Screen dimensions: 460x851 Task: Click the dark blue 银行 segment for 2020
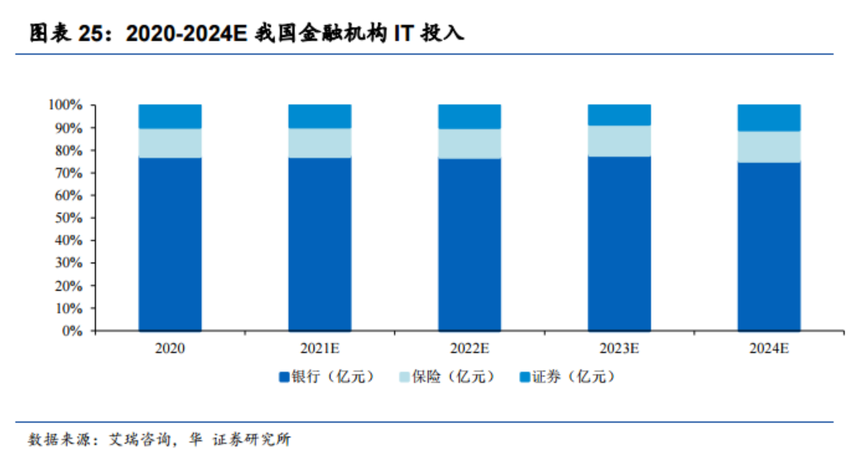click(170, 245)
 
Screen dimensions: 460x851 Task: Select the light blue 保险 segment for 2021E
click(320, 143)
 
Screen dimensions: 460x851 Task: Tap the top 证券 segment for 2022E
click(469, 116)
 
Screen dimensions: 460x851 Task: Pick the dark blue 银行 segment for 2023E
click(619, 244)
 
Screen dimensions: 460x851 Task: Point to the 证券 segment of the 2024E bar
click(769, 118)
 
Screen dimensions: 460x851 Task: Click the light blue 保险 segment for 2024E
click(769, 147)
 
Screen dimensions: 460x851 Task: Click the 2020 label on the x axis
click(170, 349)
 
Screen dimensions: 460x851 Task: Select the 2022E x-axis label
click(469, 349)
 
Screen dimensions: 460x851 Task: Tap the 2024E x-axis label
click(769, 349)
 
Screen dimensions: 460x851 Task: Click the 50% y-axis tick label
click(69, 218)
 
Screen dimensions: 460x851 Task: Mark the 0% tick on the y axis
click(72, 331)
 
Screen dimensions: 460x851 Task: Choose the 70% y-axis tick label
click(69, 173)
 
